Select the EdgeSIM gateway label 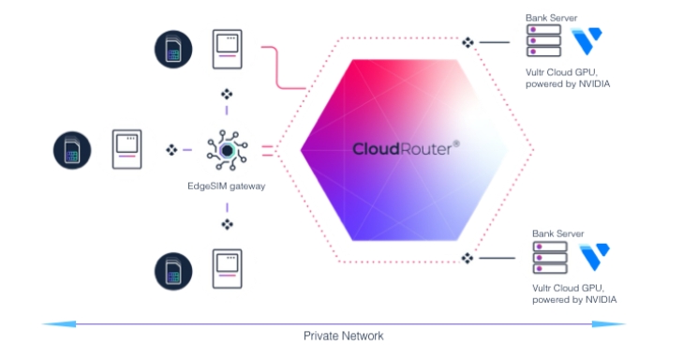[x=226, y=186]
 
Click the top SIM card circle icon [x=173, y=48]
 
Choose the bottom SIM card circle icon [x=173, y=269]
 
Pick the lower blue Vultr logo [x=593, y=256]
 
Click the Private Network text [x=343, y=336]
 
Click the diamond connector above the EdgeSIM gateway [x=226, y=94]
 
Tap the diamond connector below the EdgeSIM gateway [x=226, y=224]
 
